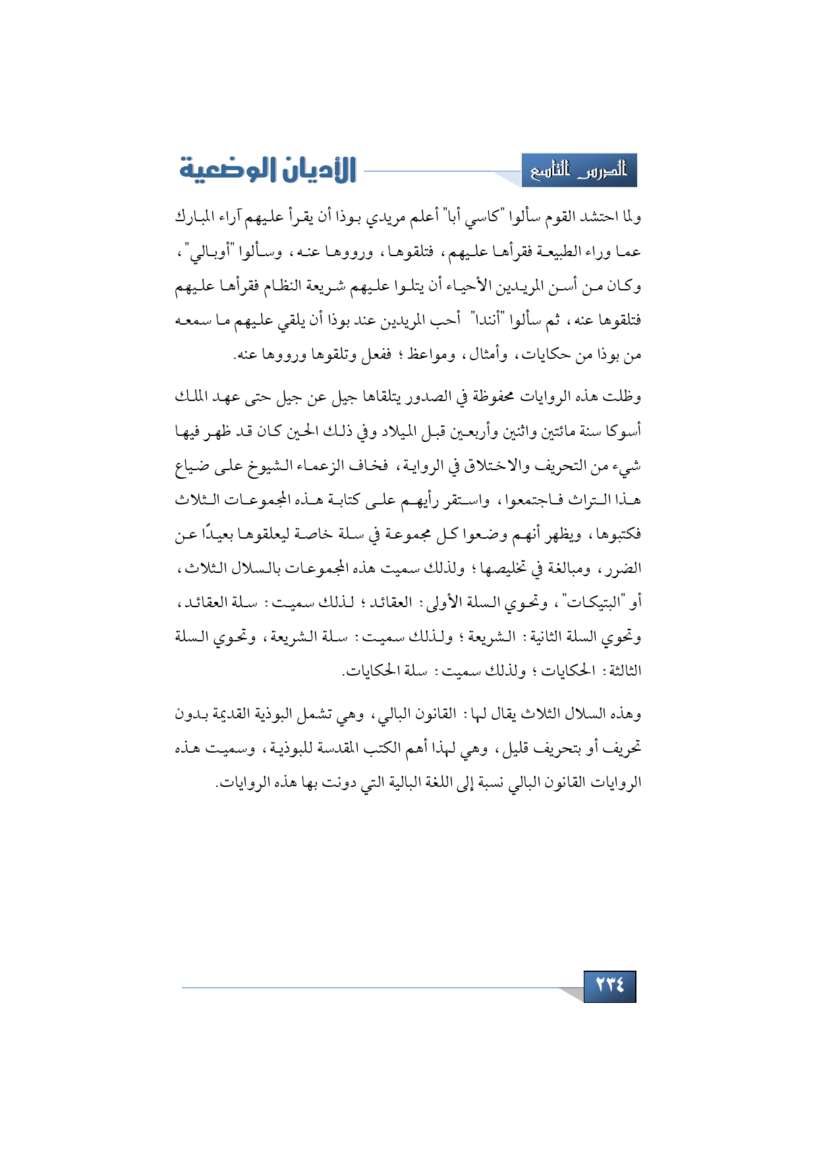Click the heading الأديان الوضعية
268,170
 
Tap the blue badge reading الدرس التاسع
579,171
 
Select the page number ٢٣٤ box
609,986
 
